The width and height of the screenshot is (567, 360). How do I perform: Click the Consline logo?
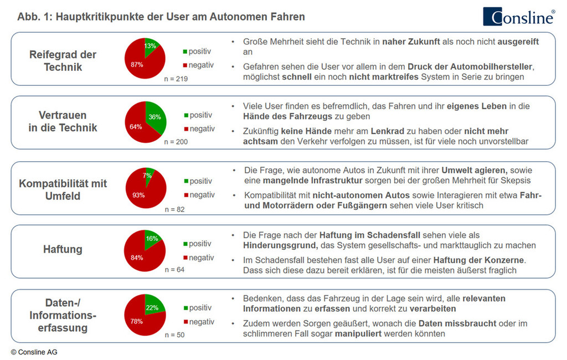click(518, 16)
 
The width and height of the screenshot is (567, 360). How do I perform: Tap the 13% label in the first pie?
click(150, 47)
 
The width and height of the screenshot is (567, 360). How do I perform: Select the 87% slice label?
click(137, 64)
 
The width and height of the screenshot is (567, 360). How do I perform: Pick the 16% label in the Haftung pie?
click(152, 239)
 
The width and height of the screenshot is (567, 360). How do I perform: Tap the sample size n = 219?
click(177, 79)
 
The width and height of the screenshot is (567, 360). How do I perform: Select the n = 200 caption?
click(177, 142)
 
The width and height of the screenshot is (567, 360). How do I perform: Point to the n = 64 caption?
click(176, 270)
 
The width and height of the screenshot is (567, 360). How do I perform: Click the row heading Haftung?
click(63, 249)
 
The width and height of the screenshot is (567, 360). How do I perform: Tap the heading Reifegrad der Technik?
click(63, 61)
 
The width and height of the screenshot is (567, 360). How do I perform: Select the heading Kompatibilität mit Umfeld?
click(63, 189)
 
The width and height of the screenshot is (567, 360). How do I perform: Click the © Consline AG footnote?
click(34, 352)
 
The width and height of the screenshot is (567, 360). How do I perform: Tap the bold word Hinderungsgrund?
click(279, 245)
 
